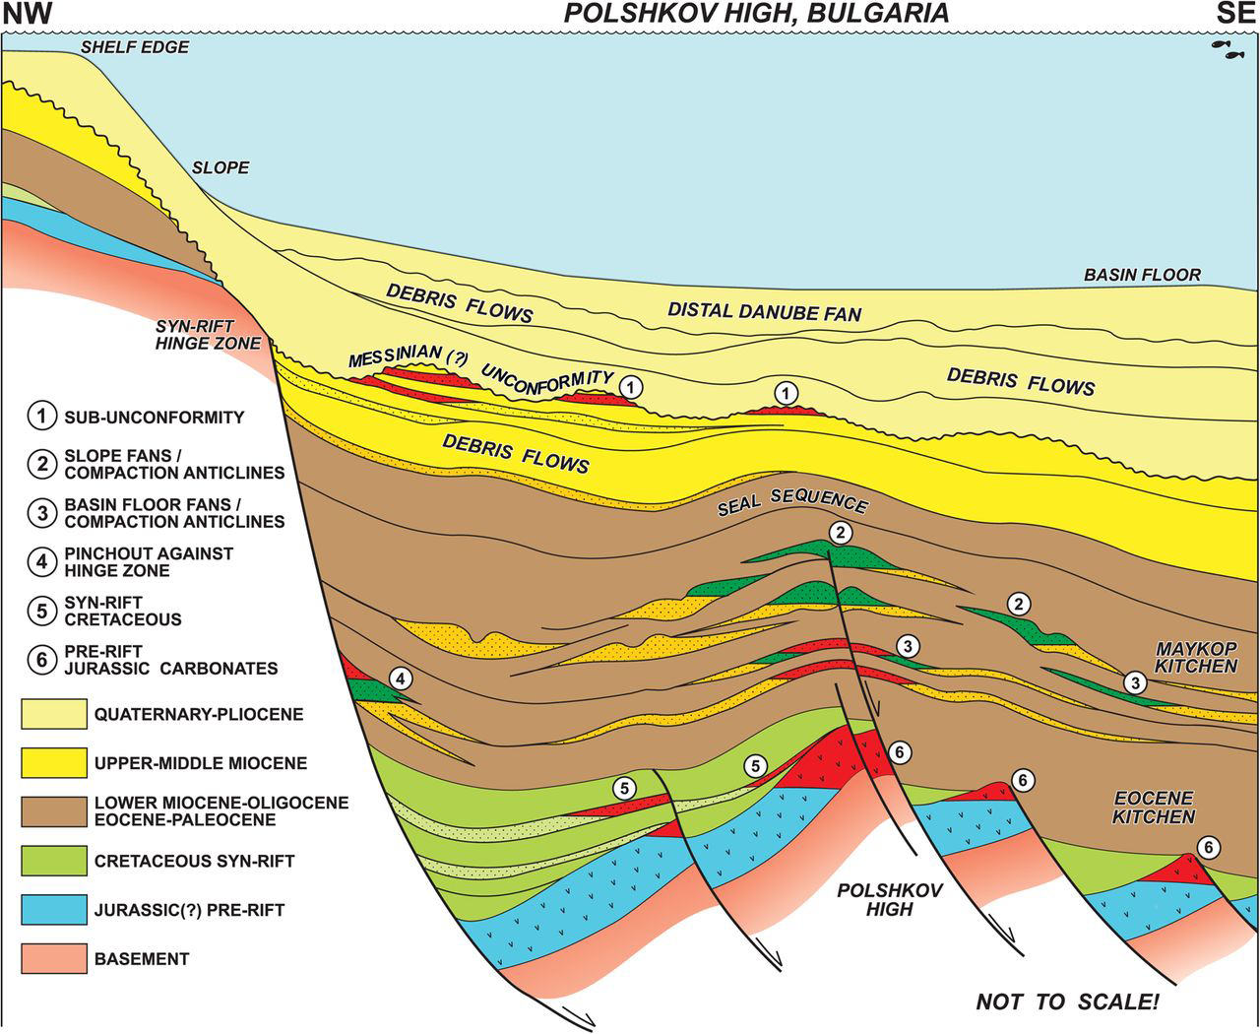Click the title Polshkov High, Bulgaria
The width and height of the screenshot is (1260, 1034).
point(755,13)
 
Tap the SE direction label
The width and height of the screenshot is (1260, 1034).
point(1234,14)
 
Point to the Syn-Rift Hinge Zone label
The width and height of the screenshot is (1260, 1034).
point(208,334)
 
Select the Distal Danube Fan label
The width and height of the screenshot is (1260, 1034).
point(765,312)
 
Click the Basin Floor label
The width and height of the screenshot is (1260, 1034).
point(1142,275)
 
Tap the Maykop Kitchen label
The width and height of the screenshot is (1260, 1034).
point(1196,657)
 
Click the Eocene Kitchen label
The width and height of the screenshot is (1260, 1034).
point(1154,807)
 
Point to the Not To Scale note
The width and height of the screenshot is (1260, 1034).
point(1067,1002)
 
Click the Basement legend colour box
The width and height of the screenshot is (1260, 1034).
point(50,958)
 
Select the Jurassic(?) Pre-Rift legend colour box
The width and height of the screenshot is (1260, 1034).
point(50,909)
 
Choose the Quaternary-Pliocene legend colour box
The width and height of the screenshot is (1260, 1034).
point(50,714)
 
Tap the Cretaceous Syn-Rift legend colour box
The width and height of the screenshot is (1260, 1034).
point(50,861)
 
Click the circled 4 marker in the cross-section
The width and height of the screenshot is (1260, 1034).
point(400,678)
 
